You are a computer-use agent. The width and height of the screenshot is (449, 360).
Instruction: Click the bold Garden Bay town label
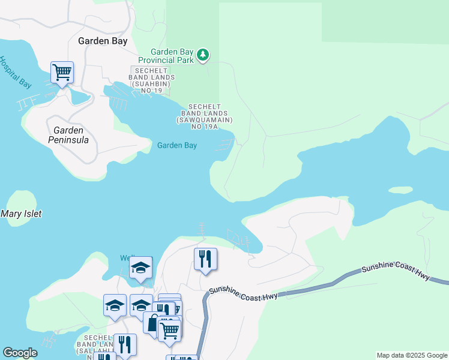(x=103, y=41)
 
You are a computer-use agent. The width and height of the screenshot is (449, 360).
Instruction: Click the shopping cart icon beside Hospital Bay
(x=62, y=73)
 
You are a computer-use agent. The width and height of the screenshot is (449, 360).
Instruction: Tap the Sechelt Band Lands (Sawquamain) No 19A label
(x=205, y=116)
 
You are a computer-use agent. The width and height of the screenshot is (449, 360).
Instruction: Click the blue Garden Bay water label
(x=177, y=145)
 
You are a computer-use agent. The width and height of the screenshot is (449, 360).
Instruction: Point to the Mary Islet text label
(x=21, y=214)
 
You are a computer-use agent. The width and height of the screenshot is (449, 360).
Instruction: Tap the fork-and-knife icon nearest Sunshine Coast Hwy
(x=205, y=259)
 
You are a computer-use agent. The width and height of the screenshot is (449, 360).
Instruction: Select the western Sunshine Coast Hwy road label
(x=243, y=295)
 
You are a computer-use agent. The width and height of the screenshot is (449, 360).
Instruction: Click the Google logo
(x=20, y=353)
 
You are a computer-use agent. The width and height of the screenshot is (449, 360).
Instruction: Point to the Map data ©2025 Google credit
(x=411, y=355)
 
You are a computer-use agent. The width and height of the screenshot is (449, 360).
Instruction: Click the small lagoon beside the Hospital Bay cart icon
(x=79, y=97)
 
